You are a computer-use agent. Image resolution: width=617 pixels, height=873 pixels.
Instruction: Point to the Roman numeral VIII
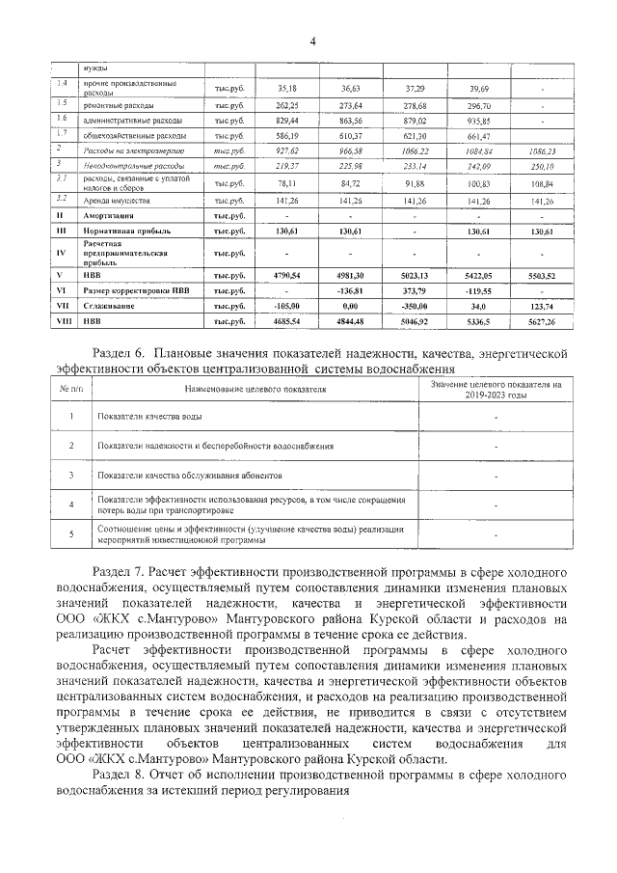[60, 320]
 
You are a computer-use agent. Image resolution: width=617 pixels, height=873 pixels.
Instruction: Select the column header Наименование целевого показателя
[254, 390]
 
